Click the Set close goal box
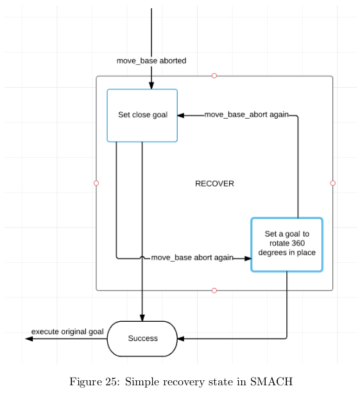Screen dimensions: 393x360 pos(142,115)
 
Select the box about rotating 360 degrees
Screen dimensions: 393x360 pos(286,244)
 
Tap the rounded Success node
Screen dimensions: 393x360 pos(142,339)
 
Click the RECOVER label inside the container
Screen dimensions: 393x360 pos(214,183)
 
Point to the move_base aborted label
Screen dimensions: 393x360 pos(151,61)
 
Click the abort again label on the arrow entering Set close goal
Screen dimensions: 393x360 pos(246,115)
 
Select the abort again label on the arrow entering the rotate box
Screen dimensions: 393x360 pos(192,258)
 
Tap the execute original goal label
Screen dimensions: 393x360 pos(67,331)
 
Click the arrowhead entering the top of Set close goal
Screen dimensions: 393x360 pos(151,85)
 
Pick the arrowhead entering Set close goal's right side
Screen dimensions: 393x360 pos(182,115)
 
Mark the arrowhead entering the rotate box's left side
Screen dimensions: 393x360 pos(247,258)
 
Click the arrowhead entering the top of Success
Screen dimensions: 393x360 pos(142,317)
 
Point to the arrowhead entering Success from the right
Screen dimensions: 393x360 pos(182,339)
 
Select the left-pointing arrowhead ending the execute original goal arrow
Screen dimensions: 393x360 pos(29,339)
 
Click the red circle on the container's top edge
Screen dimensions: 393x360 pos(214,76)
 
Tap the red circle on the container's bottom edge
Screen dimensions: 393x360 pos(214,290)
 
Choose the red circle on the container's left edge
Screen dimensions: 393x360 pos(96,183)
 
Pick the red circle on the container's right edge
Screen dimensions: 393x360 pos(332,183)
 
